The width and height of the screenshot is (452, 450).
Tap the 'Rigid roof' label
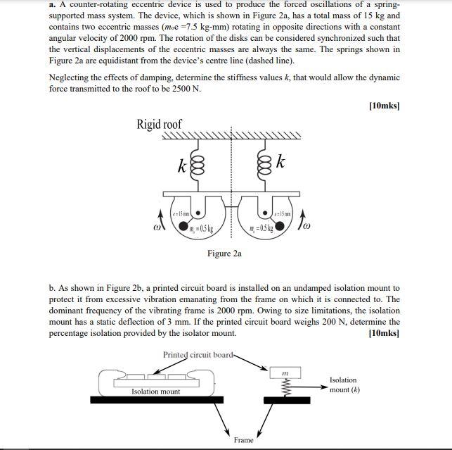(159, 125)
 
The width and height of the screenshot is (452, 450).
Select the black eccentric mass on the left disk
(184, 227)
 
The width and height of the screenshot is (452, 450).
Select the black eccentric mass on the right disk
(280, 227)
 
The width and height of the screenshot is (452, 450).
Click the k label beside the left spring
(181, 168)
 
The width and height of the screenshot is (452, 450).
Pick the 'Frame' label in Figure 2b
(243, 440)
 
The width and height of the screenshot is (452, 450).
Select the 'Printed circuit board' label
(197, 354)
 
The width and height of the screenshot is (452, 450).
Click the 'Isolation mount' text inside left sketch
(155, 392)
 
